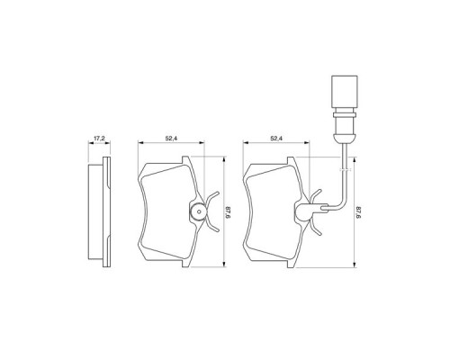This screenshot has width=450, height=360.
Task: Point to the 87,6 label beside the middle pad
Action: (x=229, y=212)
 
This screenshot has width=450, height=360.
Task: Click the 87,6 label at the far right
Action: (x=360, y=212)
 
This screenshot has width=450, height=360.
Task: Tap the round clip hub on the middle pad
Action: (x=197, y=213)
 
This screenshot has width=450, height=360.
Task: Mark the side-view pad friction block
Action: (x=94, y=213)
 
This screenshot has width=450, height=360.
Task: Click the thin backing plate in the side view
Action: (x=105, y=213)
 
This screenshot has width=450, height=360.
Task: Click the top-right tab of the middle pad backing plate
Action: (x=184, y=163)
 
